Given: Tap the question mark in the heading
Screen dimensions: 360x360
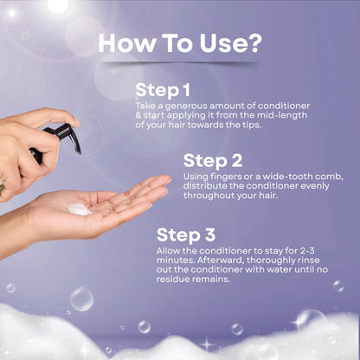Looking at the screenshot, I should point(254,42).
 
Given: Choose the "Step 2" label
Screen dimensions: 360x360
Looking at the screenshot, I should point(211,160).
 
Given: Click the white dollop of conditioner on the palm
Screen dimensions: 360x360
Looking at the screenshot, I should point(79,209).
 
